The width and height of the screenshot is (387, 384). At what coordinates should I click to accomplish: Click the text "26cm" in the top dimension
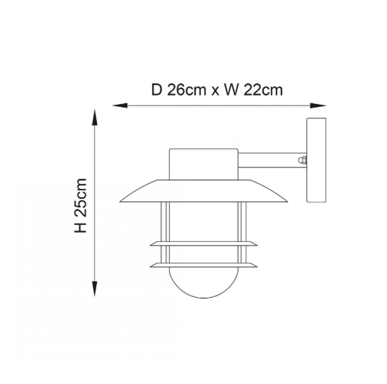click(x=186, y=90)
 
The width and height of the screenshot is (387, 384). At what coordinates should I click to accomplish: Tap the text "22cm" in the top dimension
click(x=263, y=90)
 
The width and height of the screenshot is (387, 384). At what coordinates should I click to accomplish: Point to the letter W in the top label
click(x=231, y=90)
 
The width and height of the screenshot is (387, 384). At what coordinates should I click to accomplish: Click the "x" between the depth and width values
click(x=215, y=92)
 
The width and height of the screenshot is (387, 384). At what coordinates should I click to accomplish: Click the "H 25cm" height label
click(x=81, y=205)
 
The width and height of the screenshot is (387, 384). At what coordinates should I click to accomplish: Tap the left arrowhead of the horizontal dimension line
click(x=120, y=106)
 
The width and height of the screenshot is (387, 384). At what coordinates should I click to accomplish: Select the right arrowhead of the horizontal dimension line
click(x=318, y=106)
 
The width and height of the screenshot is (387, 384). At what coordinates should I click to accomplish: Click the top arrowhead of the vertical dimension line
click(x=94, y=117)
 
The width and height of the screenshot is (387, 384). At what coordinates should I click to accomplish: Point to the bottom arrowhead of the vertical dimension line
click(x=94, y=289)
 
